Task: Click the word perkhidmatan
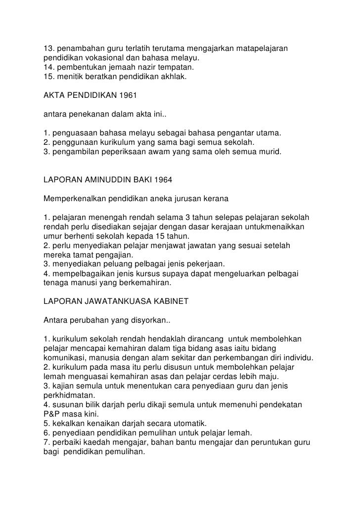63,395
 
